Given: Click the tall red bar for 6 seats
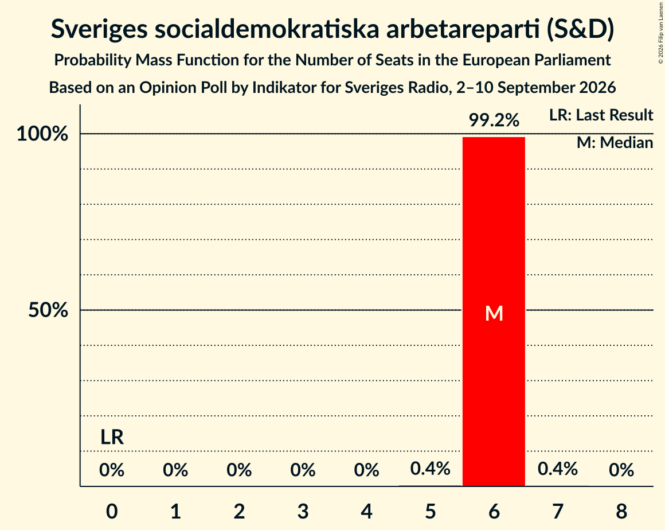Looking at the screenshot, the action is pos(494,311).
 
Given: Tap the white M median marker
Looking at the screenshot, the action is pos(494,314).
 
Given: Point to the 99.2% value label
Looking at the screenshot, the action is pos(494,120).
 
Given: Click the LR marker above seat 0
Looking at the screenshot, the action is pos(112,437).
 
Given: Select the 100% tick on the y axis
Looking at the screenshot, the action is pos(42,134).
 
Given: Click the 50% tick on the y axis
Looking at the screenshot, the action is pos(48,310).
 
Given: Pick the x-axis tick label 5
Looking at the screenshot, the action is pos(431,511).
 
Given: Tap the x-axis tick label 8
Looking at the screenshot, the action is pos(621,511).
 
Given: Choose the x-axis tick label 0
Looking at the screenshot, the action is pos(112,511).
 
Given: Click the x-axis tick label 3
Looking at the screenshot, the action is pos(303,511).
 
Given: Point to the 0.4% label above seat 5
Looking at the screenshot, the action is pos(431,469).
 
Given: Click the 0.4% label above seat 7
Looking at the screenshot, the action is pos(558,469).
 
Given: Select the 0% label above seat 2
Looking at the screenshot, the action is pos(239,470).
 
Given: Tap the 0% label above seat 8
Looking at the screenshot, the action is pos(621,470).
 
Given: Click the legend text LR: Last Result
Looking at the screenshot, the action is pos(601,115).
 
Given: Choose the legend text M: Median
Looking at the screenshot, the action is pos(615,143).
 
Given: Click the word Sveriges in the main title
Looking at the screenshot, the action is pos(99,30).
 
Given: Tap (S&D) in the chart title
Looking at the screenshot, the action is pos(580,30).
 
